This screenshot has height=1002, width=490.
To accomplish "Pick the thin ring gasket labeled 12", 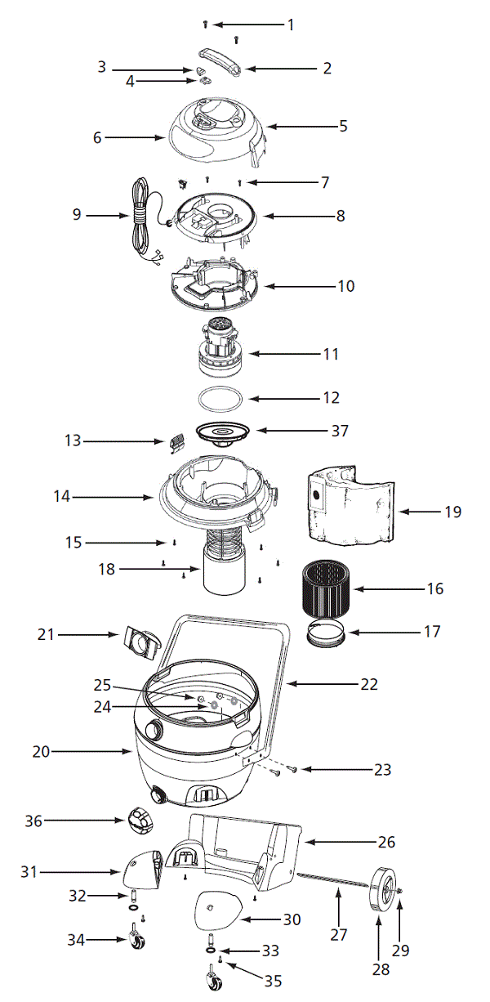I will (x=221, y=399).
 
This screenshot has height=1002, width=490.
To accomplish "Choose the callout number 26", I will (x=386, y=841).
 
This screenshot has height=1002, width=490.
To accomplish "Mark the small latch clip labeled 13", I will (x=176, y=443).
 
